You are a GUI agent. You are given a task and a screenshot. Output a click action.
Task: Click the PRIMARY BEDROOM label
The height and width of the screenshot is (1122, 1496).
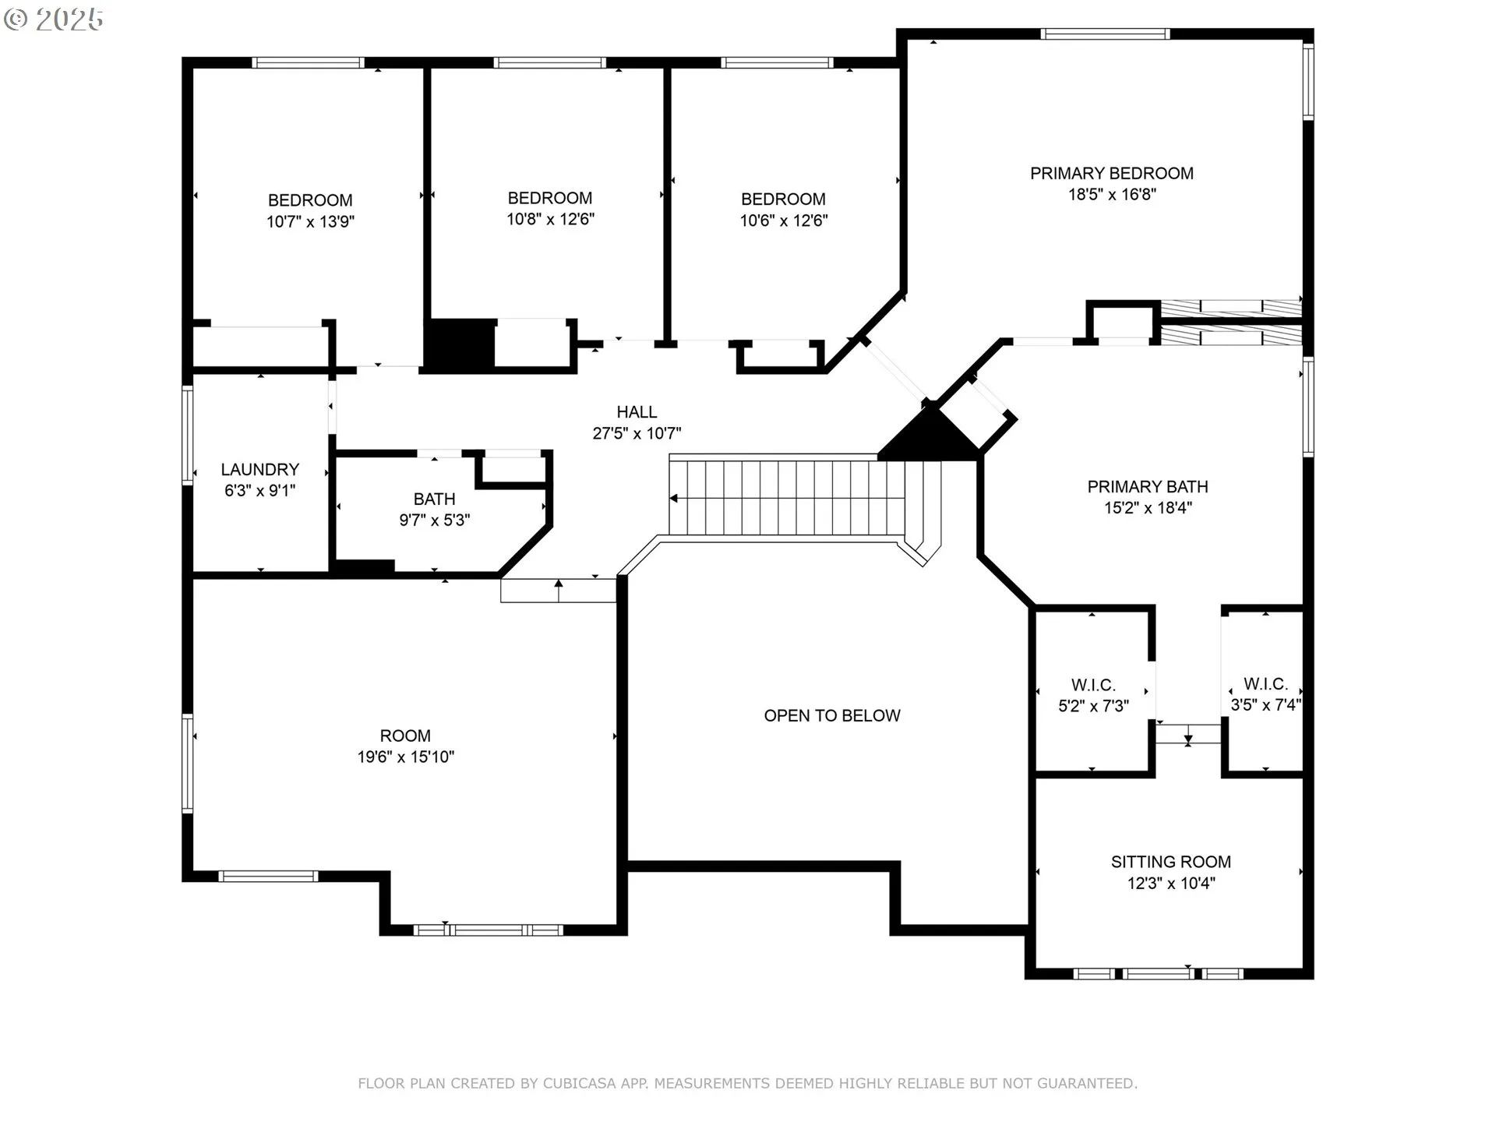click(1112, 173)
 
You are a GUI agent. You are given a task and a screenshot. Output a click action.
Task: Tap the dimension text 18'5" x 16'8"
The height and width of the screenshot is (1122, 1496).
click(1112, 194)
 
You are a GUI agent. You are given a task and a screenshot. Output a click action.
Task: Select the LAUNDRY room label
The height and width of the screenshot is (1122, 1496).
click(260, 469)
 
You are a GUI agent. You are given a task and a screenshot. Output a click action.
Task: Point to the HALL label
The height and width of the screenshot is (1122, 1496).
click(637, 412)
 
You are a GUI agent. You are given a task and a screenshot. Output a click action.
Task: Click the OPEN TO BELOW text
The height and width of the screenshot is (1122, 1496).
click(832, 715)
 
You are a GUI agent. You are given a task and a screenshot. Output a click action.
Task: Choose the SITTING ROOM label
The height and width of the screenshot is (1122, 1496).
click(1171, 862)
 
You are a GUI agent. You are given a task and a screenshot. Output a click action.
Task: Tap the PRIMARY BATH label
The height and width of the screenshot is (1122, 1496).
click(1148, 486)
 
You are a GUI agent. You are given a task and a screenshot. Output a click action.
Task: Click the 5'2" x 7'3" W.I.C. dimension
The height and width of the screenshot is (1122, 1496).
click(1093, 706)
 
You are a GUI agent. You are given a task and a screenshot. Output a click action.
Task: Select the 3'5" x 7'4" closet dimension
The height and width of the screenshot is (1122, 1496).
click(1265, 705)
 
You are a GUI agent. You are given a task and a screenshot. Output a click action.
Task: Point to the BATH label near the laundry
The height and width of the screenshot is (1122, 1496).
click(435, 499)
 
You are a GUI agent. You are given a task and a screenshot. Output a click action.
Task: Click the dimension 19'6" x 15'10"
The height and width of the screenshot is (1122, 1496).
click(405, 757)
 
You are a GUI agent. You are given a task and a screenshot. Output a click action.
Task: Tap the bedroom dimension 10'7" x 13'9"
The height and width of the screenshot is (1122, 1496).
click(310, 221)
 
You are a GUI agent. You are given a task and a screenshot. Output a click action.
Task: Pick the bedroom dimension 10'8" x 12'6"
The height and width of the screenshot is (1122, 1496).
click(550, 219)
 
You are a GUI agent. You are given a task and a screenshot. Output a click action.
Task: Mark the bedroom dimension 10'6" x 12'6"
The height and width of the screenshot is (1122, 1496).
click(783, 221)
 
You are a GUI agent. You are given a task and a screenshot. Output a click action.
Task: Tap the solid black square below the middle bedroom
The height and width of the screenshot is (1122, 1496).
click(460, 344)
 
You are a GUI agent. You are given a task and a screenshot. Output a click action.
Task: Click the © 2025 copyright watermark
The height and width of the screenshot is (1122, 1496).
click(54, 19)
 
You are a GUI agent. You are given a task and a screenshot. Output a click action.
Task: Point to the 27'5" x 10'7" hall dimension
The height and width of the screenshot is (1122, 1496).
click(637, 433)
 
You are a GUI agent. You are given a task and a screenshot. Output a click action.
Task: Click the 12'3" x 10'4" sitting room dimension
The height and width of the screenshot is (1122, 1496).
click(1171, 883)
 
